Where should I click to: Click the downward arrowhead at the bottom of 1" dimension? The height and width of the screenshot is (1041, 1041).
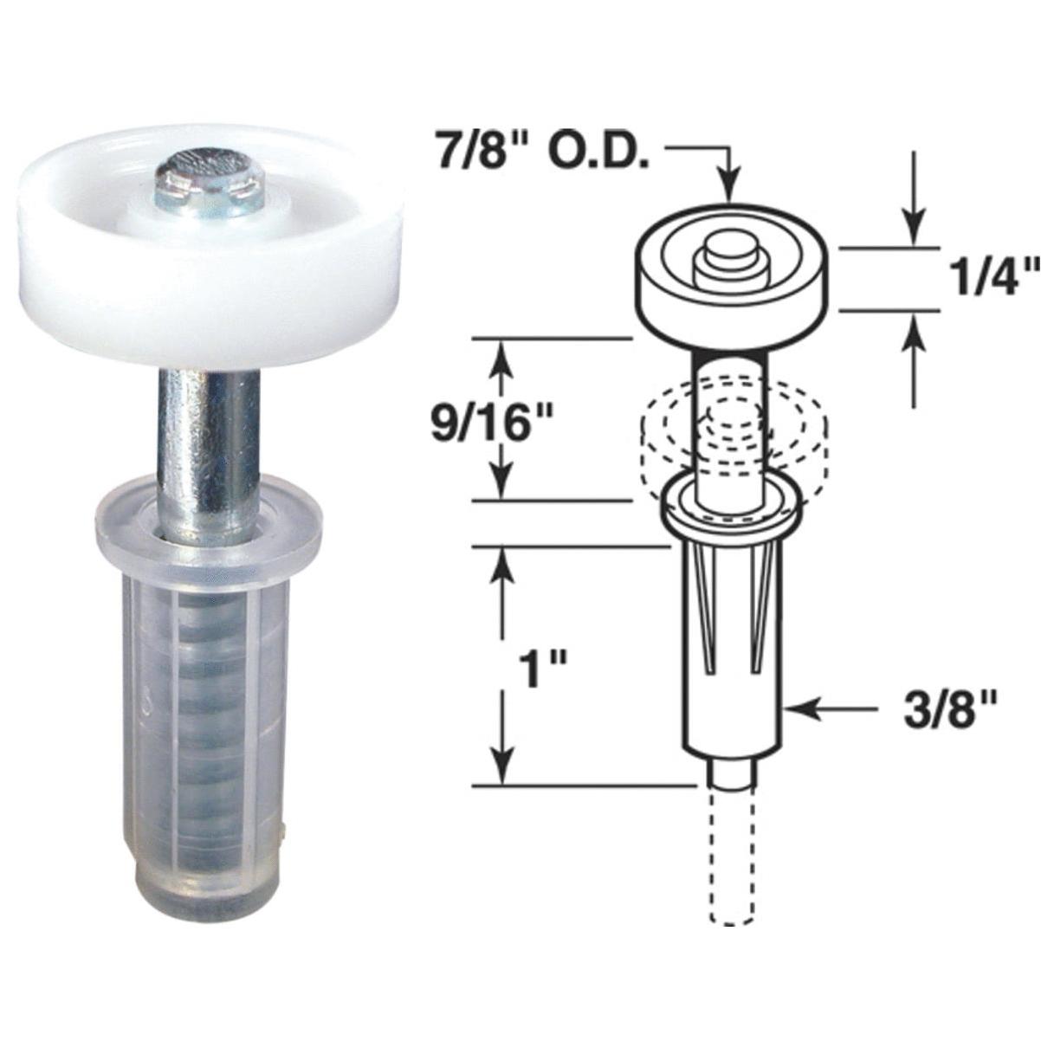point(498,769)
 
